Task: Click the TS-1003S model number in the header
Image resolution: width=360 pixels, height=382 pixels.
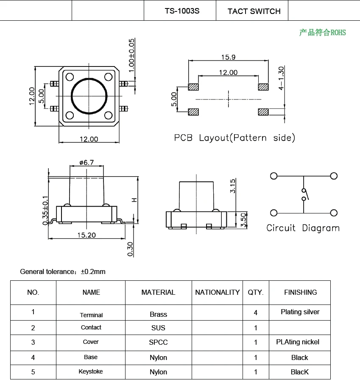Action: pyautogui.click(x=181, y=11)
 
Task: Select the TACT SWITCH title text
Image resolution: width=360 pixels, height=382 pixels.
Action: pyautogui.click(x=254, y=11)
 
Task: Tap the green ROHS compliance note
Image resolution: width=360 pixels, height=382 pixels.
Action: pyautogui.click(x=322, y=33)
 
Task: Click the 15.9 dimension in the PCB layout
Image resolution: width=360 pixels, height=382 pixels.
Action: pyautogui.click(x=228, y=57)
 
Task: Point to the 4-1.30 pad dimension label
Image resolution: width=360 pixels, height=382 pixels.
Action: pyautogui.click(x=282, y=78)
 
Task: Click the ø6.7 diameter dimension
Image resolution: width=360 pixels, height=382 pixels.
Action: pyautogui.click(x=86, y=163)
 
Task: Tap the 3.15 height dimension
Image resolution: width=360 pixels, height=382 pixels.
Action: pyautogui.click(x=232, y=186)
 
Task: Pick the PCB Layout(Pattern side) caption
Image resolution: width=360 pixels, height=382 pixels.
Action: pyautogui.click(x=234, y=138)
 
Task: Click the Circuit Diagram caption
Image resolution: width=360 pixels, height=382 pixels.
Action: pyautogui.click(x=303, y=228)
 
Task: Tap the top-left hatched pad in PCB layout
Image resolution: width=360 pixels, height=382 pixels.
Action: pyautogui.click(x=193, y=87)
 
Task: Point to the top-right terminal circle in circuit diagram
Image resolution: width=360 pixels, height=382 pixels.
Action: pyautogui.click(x=334, y=176)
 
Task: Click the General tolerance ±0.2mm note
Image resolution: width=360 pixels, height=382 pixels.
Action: pyautogui.click(x=63, y=271)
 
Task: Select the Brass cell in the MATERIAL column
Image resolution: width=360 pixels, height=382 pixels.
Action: pyautogui.click(x=158, y=314)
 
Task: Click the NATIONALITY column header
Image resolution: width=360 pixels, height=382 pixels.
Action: pyautogui.click(x=217, y=292)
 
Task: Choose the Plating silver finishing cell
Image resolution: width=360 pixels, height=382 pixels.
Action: pyautogui.click(x=300, y=312)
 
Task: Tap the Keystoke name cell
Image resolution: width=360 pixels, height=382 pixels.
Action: pyautogui.click(x=91, y=372)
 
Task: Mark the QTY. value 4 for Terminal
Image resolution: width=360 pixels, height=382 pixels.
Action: pyautogui.click(x=255, y=313)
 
